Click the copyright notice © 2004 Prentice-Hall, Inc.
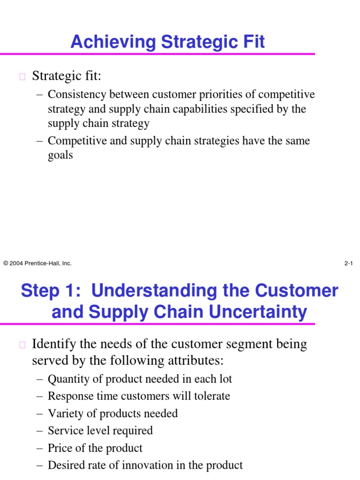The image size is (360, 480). (x=37, y=263)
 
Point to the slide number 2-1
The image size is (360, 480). (x=348, y=263)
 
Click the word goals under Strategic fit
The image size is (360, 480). (x=60, y=155)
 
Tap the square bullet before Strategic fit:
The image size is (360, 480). (x=22, y=77)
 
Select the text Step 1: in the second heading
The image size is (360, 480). (x=51, y=291)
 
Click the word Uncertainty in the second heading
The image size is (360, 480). (x=252, y=312)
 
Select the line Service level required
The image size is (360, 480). (x=100, y=430)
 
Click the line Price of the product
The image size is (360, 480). (x=95, y=448)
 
